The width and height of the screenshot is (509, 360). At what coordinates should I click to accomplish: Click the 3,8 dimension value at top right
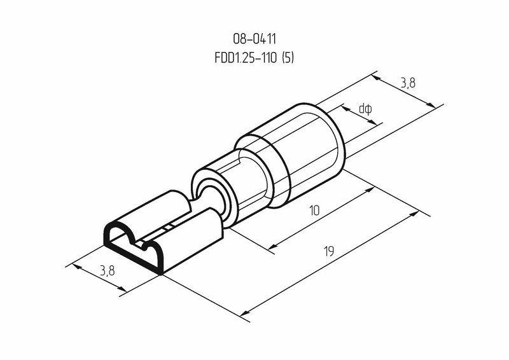[409, 82]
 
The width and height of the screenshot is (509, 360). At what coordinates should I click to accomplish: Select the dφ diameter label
[365, 109]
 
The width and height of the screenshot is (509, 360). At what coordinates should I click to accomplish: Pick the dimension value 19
[329, 252]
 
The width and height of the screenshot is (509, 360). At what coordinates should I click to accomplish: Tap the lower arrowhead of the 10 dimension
[270, 249]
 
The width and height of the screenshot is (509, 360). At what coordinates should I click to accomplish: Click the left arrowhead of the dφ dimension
[345, 109]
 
